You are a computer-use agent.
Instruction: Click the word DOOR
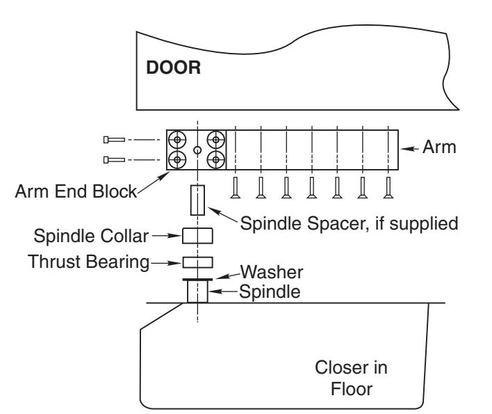pyautogui.click(x=173, y=67)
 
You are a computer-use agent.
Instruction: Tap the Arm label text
pyautogui.click(x=439, y=147)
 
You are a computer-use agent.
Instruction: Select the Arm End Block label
pyautogui.click(x=76, y=191)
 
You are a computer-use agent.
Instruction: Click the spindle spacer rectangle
pyautogui.click(x=197, y=200)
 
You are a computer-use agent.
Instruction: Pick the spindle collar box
pyautogui.click(x=197, y=236)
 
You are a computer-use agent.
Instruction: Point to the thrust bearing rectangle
pyautogui.click(x=197, y=262)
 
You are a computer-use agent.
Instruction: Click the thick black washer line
pyautogui.click(x=197, y=279)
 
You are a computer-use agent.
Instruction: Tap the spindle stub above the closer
pyautogui.click(x=197, y=292)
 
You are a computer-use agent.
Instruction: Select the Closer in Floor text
pyautogui.click(x=351, y=379)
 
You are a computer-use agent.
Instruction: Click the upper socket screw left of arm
pyautogui.click(x=114, y=140)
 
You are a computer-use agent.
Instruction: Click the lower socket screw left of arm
pyautogui.click(x=114, y=160)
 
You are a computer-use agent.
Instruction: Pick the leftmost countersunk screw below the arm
pyautogui.click(x=236, y=188)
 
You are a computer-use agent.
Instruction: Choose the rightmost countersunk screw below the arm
pyautogui.click(x=388, y=188)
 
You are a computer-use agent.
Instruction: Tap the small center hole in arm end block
pyautogui.click(x=197, y=150)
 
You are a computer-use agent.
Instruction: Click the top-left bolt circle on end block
pyautogui.click(x=177, y=140)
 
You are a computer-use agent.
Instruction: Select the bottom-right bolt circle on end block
pyautogui.click(x=216, y=160)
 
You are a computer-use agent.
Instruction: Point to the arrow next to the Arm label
pyautogui.click(x=409, y=149)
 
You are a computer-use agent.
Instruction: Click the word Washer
pyautogui.click(x=272, y=272)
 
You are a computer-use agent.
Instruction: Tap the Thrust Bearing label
pyautogui.click(x=88, y=262)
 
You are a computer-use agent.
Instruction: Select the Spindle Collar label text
pyautogui.click(x=91, y=236)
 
